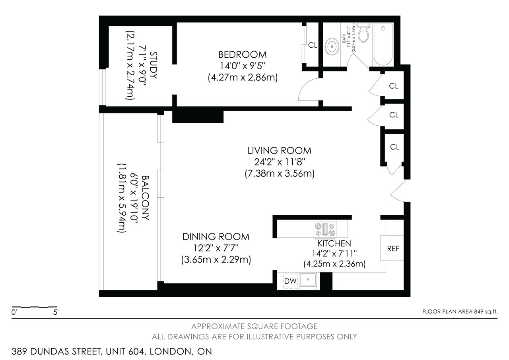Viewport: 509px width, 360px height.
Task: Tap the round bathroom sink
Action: [x=332, y=47]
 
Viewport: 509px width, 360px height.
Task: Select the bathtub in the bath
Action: [x=383, y=44]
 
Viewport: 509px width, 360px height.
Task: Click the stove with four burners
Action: [x=325, y=229]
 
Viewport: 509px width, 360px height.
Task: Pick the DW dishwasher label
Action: [x=290, y=281]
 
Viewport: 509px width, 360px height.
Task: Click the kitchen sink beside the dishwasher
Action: [x=308, y=280]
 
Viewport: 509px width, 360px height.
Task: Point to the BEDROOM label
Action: [x=243, y=54]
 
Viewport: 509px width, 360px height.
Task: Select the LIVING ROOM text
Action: [x=280, y=150]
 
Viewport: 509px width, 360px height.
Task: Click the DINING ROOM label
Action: [x=216, y=237]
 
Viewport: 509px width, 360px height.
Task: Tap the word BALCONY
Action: [x=146, y=198]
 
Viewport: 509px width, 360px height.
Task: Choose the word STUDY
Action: [x=153, y=65]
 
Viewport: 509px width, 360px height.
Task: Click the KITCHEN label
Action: [x=334, y=243]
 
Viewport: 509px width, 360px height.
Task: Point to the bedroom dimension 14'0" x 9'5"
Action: [x=243, y=66]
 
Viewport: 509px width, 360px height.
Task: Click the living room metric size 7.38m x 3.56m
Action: [x=280, y=173]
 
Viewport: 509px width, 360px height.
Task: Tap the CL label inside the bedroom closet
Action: [x=313, y=45]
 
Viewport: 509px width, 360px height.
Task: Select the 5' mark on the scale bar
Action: [x=56, y=312]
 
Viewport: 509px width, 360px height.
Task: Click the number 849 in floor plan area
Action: [x=478, y=311]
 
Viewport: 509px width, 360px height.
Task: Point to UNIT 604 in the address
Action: [x=125, y=351]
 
